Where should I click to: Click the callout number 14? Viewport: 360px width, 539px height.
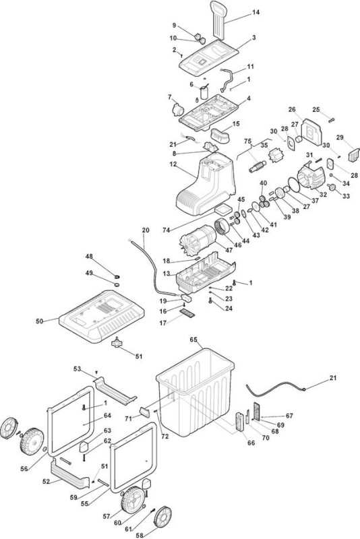coord(256,12)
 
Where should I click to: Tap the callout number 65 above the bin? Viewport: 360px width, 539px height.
coord(193,340)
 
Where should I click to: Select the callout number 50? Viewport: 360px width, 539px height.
coord(40,321)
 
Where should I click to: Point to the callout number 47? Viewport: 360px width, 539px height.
coord(229,250)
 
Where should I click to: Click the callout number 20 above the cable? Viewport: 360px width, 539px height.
coord(146,230)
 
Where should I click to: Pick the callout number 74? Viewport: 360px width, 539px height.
coord(167,230)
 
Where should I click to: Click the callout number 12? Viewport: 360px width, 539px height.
coord(173,164)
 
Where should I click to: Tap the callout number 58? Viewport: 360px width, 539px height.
coord(139,535)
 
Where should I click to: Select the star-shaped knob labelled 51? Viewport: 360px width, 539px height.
coord(117,343)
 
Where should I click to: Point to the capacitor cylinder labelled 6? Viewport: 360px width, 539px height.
coord(204,93)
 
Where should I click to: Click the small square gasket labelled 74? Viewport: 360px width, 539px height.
coord(222,210)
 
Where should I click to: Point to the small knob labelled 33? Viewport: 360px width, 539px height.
coord(332,187)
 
